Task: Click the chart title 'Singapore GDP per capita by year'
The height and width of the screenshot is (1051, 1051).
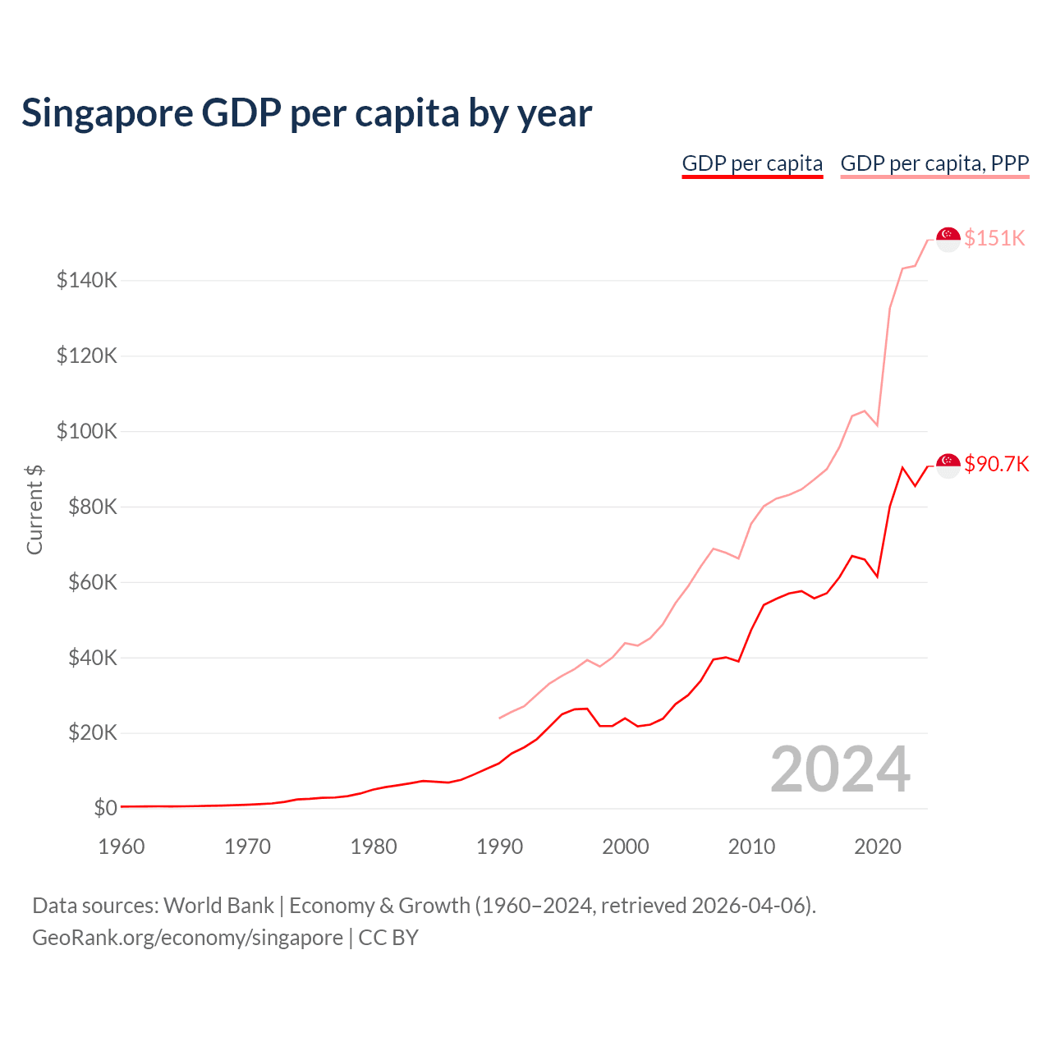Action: coord(306,113)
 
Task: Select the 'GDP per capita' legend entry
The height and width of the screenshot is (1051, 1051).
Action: coord(752,163)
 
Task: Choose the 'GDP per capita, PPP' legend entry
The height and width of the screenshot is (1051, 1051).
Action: coord(934,163)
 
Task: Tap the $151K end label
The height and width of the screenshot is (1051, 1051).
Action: coord(994,238)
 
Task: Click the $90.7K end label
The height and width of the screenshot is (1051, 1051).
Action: coord(996,465)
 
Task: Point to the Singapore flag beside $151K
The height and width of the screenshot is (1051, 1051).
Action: coord(948,239)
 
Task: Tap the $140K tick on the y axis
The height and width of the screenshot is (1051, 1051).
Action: coord(87,281)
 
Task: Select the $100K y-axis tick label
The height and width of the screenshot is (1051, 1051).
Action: coord(87,432)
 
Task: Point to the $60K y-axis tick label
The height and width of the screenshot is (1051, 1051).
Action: coord(92,583)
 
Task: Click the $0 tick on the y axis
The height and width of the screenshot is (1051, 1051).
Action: coord(105,809)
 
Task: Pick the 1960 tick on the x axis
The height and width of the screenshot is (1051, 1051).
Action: coord(122,847)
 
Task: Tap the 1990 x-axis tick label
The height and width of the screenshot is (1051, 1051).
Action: coord(499,847)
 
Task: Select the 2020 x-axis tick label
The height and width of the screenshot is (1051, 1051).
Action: coord(878,847)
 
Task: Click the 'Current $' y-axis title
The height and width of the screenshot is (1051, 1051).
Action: coord(34,509)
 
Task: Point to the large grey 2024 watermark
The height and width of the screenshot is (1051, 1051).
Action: coord(840,770)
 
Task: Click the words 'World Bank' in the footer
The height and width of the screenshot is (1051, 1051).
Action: coord(218,906)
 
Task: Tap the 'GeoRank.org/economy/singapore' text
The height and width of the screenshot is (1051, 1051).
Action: coord(187,938)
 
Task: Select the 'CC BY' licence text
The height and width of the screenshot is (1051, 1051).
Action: coord(388,938)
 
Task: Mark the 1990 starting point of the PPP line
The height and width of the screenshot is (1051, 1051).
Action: coord(499,718)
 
